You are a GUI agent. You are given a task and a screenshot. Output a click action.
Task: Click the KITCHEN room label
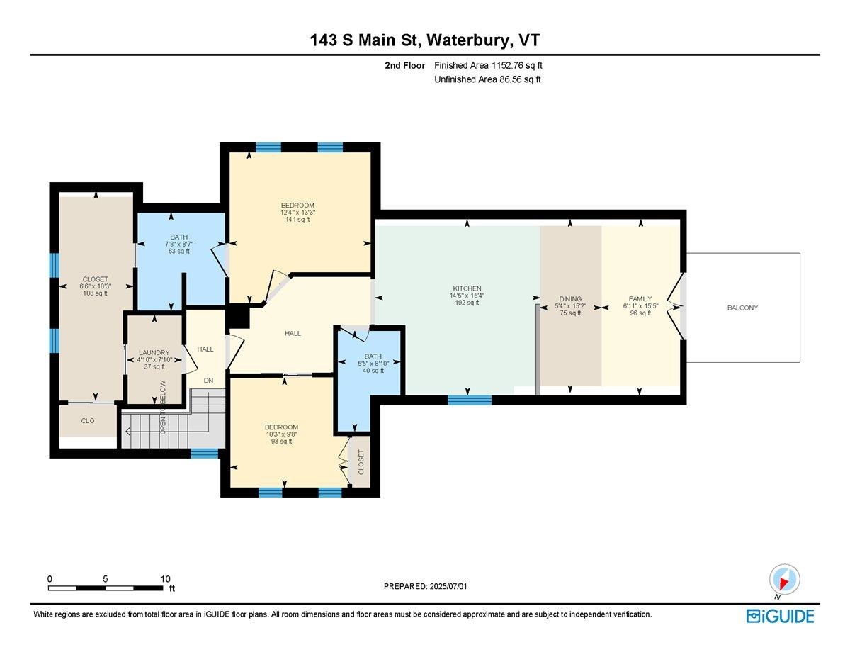[467, 288]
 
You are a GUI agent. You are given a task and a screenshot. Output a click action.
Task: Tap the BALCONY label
[742, 308]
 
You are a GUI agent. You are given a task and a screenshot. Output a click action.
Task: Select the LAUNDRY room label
[154, 352]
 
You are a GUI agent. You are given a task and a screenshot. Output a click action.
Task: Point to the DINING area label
[570, 299]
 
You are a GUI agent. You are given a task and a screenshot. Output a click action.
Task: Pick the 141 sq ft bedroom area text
[297, 220]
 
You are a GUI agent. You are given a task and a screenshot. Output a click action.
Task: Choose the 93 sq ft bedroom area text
[281, 441]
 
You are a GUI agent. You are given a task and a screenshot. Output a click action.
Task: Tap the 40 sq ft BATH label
[373, 370]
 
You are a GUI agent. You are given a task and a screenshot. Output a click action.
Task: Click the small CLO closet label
[88, 420]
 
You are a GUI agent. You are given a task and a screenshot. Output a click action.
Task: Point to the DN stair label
[208, 381]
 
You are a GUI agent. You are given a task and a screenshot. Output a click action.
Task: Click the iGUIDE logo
[780, 616]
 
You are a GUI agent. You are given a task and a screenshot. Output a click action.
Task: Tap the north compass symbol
[783, 578]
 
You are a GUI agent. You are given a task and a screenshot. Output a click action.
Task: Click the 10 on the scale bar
[165, 578]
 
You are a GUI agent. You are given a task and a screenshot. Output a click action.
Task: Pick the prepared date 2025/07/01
[426, 586]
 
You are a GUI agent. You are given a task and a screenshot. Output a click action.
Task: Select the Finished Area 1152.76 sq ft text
[488, 65]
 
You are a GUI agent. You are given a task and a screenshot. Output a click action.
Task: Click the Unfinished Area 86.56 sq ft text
[487, 79]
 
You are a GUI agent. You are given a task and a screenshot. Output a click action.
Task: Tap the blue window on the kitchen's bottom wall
[470, 400]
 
